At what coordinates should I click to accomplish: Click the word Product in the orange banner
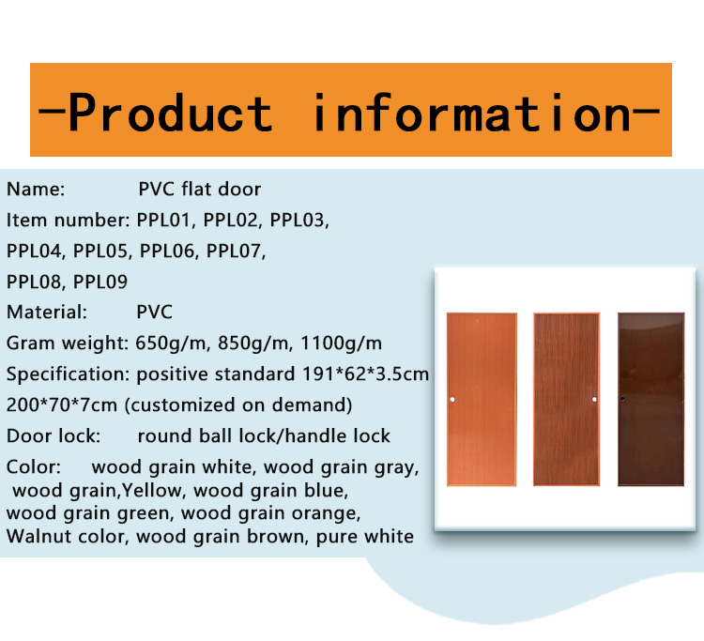pos(170,113)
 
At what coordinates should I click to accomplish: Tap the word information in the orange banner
pos(471,113)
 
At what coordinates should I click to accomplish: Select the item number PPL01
pos(165,221)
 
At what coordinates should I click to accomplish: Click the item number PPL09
pos(100,282)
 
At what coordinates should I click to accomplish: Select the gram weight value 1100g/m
pos(342,343)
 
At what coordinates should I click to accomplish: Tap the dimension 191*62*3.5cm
pos(365,374)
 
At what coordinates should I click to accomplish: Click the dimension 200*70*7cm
pos(62,404)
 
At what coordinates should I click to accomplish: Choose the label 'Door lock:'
pos(54,435)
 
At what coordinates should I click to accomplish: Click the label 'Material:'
pos(47,313)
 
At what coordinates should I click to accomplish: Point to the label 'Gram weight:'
pos(68,343)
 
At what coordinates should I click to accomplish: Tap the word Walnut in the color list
pos(36,537)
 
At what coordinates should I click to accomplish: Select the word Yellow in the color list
pos(153,491)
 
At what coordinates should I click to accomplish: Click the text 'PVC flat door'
pos(199,190)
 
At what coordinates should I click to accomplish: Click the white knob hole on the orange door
pos(452,399)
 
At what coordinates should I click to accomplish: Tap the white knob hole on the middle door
pos(594,399)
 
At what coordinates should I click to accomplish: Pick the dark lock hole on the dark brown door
pos(622,398)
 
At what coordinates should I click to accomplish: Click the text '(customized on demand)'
pos(238,404)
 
